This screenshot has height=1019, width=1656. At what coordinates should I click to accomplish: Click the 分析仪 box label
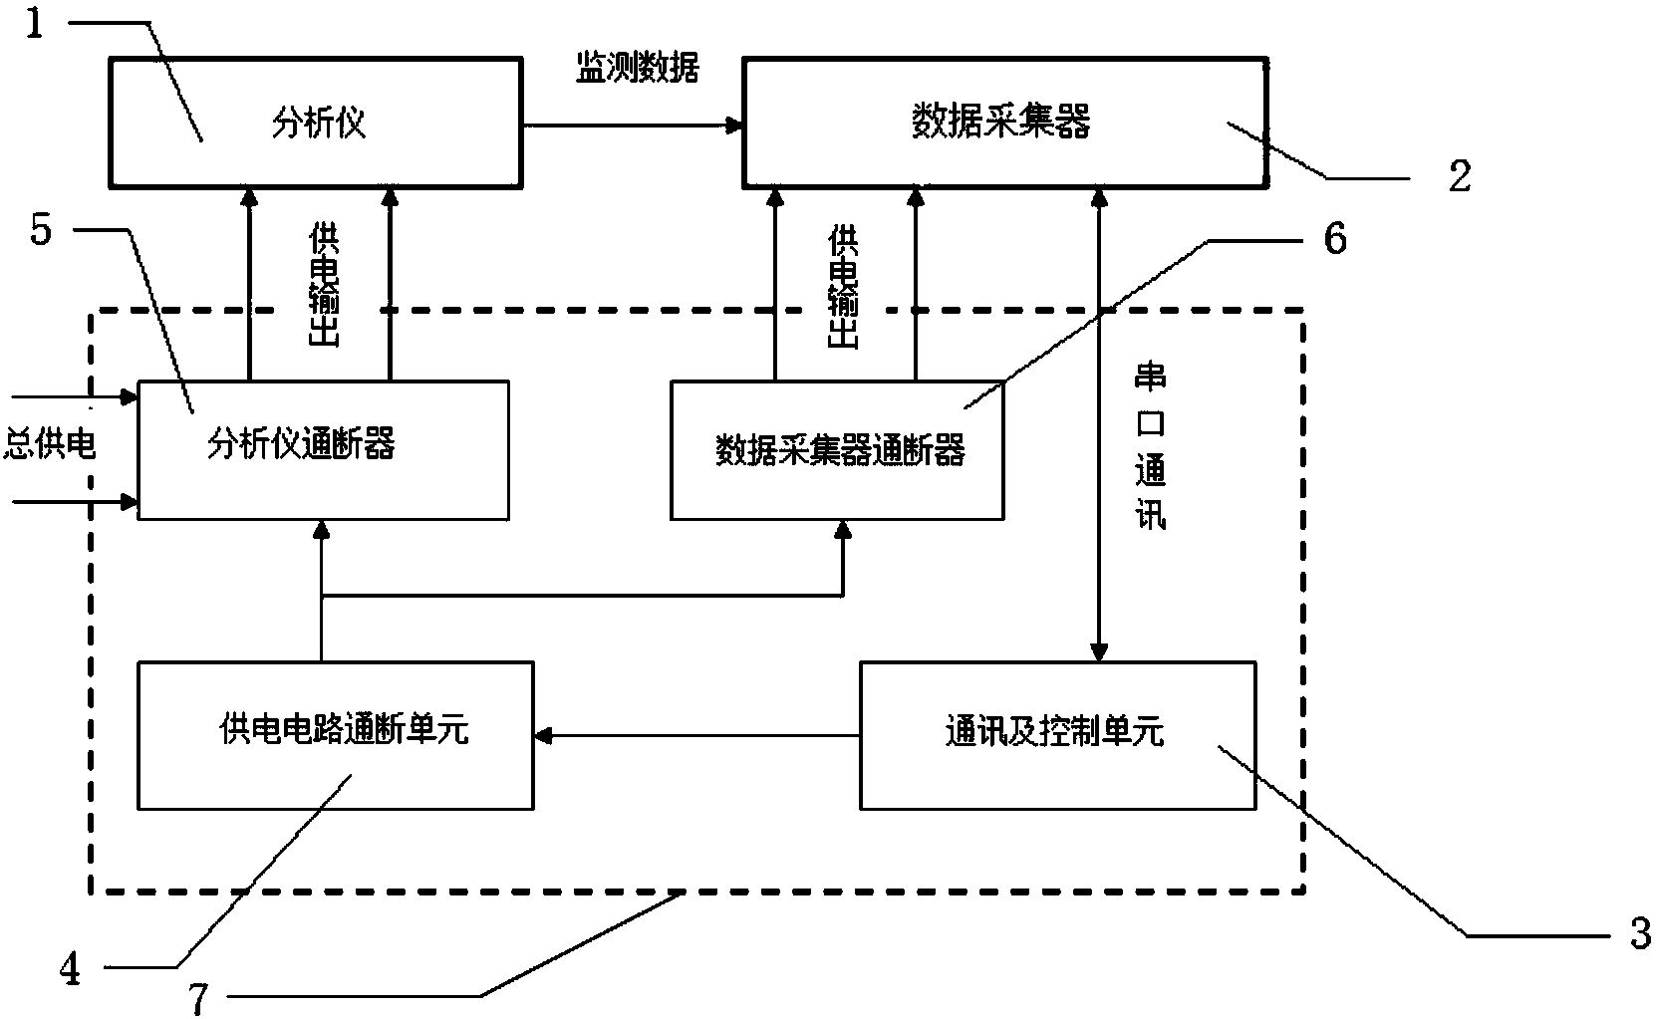tap(319, 125)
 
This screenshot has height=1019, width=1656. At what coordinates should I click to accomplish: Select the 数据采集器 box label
tap(1001, 122)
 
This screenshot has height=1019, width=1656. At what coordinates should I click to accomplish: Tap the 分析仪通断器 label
tap(301, 443)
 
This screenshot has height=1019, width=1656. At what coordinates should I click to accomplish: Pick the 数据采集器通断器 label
tap(840, 450)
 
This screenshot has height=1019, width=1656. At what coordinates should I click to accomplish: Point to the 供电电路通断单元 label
tap(343, 732)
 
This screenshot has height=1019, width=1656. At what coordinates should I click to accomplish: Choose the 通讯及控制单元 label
tap(1054, 732)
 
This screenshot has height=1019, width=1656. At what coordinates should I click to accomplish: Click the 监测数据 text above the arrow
tap(638, 67)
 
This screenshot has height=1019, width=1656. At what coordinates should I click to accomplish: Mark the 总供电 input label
tap(50, 443)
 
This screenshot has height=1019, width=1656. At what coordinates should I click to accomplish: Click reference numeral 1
tap(35, 22)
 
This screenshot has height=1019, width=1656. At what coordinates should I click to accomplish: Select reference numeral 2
tap(1459, 177)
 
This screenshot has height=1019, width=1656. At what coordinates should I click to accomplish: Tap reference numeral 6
tap(1334, 239)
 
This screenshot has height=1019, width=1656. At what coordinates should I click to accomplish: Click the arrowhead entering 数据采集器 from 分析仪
tap(735, 126)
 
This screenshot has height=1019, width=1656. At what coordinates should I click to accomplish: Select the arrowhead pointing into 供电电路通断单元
tap(542, 736)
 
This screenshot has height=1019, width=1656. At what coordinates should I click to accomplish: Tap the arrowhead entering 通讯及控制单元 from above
tap(1098, 653)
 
